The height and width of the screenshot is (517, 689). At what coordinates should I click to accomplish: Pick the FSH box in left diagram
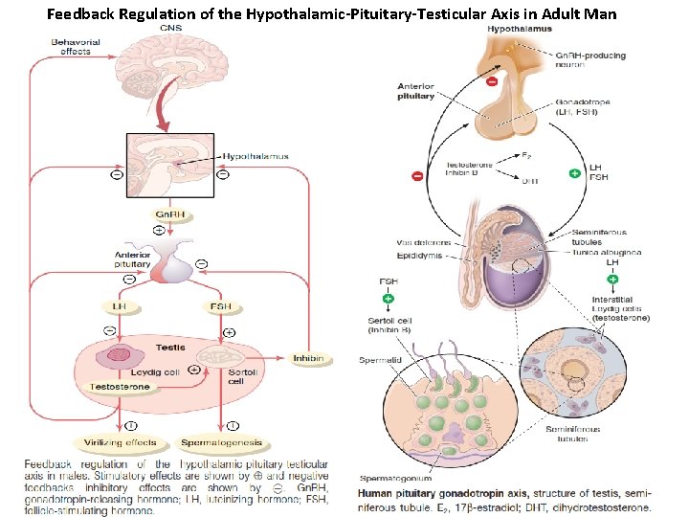tap(219, 306)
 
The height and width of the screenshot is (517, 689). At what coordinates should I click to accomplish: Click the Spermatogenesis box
tap(221, 443)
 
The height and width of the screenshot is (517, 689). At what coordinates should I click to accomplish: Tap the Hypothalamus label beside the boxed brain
tap(256, 156)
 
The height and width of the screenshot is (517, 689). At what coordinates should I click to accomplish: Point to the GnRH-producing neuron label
tap(590, 60)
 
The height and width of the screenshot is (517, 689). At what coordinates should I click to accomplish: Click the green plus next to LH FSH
tap(574, 174)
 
